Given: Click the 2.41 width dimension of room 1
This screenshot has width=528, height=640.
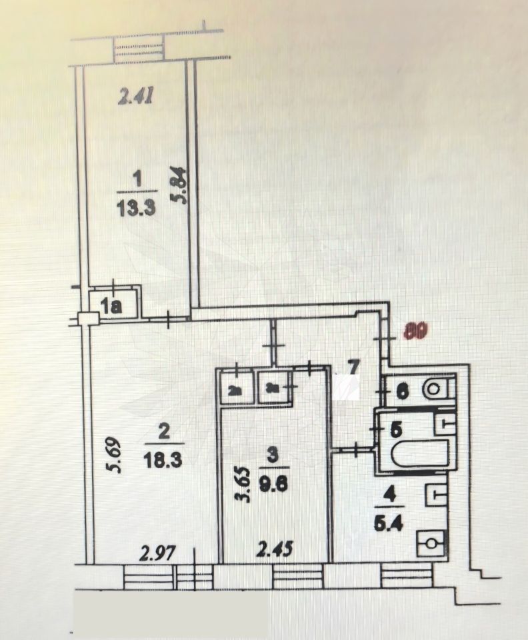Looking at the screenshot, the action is (136, 98).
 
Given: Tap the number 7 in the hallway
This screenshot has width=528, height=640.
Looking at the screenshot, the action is (354, 366).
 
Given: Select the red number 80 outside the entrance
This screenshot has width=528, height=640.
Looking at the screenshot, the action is (416, 331).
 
